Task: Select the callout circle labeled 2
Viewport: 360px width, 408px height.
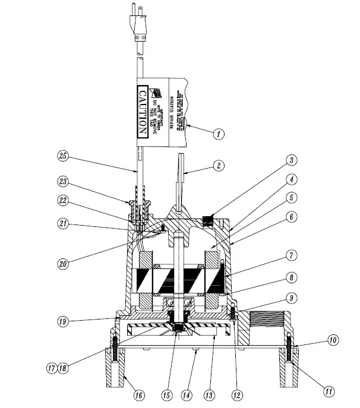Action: click(x=220, y=167)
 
